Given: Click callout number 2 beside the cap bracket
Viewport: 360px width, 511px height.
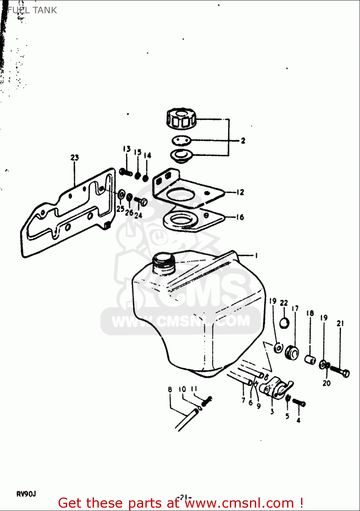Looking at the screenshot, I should [243, 140].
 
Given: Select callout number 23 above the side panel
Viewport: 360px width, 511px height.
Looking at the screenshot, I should [75, 158].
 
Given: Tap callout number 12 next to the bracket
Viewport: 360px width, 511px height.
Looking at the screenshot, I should [240, 192].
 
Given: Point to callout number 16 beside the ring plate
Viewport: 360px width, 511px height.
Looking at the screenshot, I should [240, 217].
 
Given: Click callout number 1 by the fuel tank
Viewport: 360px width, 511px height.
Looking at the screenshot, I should [256, 255].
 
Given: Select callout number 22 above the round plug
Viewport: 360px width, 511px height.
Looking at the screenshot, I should [284, 303].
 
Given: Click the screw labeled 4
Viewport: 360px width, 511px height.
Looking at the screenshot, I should [299, 403].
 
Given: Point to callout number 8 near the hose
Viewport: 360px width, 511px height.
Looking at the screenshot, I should [170, 389].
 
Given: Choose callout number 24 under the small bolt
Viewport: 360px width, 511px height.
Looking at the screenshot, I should [138, 215].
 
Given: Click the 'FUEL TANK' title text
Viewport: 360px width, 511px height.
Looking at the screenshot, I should [32, 10].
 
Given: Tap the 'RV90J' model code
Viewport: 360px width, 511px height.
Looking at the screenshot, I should [26, 494].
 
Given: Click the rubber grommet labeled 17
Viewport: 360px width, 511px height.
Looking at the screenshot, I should [292, 353].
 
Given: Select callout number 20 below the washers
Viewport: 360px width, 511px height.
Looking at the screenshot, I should [326, 383].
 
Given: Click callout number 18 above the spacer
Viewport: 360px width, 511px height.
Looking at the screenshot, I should [310, 313].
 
